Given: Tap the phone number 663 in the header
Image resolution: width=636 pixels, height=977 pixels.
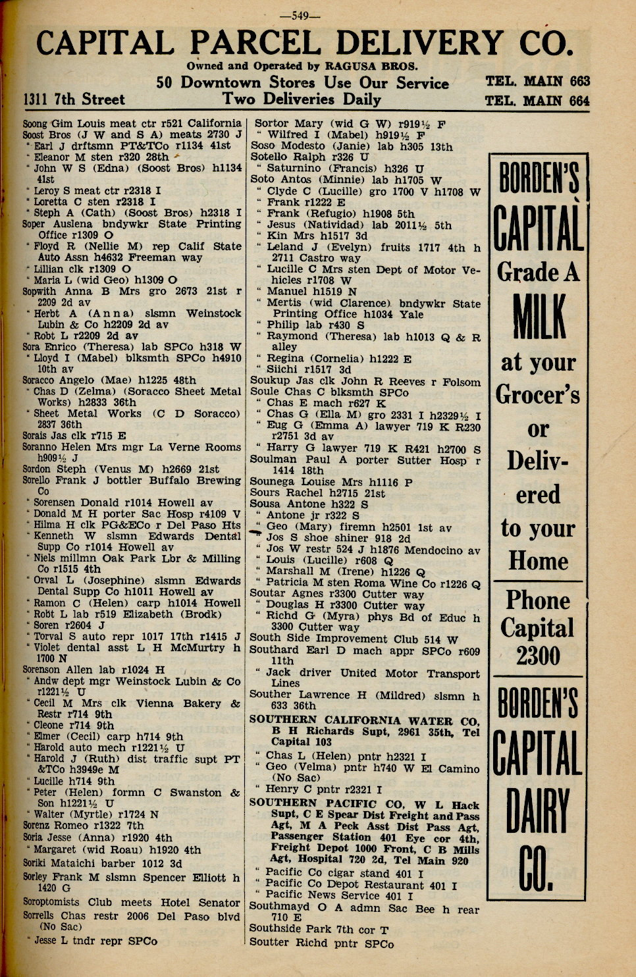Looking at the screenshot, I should pyautogui.click(x=579, y=81).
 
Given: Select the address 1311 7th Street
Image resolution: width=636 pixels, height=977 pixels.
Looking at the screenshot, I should pyautogui.click(x=74, y=99).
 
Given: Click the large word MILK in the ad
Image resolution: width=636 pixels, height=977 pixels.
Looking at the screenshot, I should pyautogui.click(x=539, y=317).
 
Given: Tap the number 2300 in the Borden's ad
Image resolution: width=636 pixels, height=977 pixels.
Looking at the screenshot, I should pyautogui.click(x=538, y=656).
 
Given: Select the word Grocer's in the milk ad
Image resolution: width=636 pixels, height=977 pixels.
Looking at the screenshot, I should pyautogui.click(x=538, y=395).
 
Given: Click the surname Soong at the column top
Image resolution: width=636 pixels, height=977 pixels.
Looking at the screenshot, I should pyautogui.click(x=35, y=123).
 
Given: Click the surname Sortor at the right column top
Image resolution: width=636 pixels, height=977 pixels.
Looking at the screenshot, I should pyautogui.click(x=270, y=123).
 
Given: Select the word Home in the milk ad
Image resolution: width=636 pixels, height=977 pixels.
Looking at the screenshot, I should pyautogui.click(x=538, y=562).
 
